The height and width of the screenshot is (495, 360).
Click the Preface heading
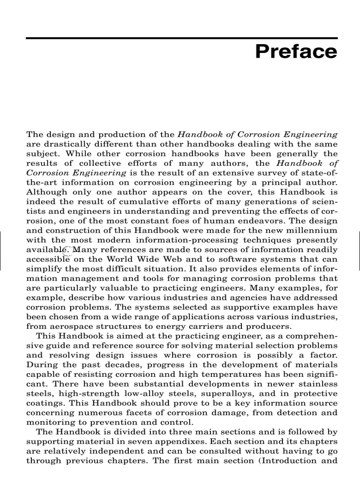(x=296, y=52)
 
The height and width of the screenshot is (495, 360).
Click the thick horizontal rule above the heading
(x=181, y=38)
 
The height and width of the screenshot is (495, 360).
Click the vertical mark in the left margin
(x=1, y=250)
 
